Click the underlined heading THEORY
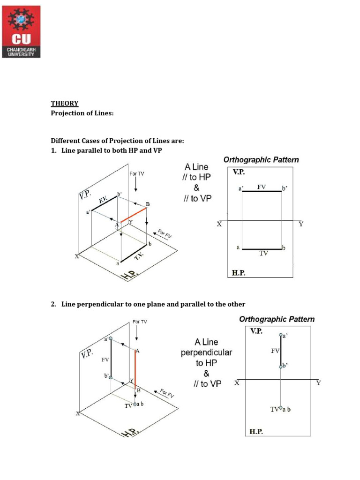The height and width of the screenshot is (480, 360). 64,104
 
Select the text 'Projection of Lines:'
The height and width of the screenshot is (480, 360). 82,113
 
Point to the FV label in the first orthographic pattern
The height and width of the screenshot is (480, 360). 261,187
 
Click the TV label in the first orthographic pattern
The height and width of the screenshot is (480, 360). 263,253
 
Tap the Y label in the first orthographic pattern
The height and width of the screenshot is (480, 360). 301,225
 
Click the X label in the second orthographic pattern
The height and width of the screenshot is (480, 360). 237,383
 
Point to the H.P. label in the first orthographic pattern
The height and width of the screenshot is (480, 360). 239,272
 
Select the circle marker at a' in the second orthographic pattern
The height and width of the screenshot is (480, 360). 281,335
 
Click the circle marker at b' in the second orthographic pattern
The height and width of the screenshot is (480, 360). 281,366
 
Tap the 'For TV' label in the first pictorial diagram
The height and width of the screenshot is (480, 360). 137,174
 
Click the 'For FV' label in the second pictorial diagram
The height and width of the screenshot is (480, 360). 166,393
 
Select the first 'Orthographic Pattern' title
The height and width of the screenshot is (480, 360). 261,160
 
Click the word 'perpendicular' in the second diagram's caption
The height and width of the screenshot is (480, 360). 206,352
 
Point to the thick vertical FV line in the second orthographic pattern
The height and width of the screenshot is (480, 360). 281,351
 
